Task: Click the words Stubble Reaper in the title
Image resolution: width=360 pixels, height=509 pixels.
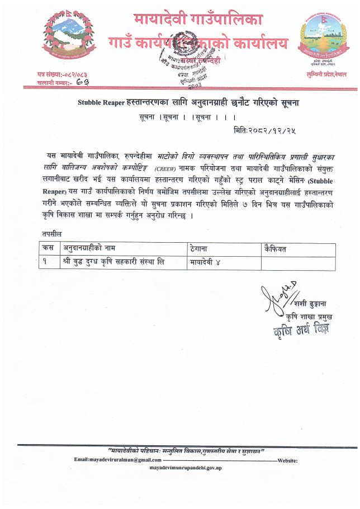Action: pos(102,102)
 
